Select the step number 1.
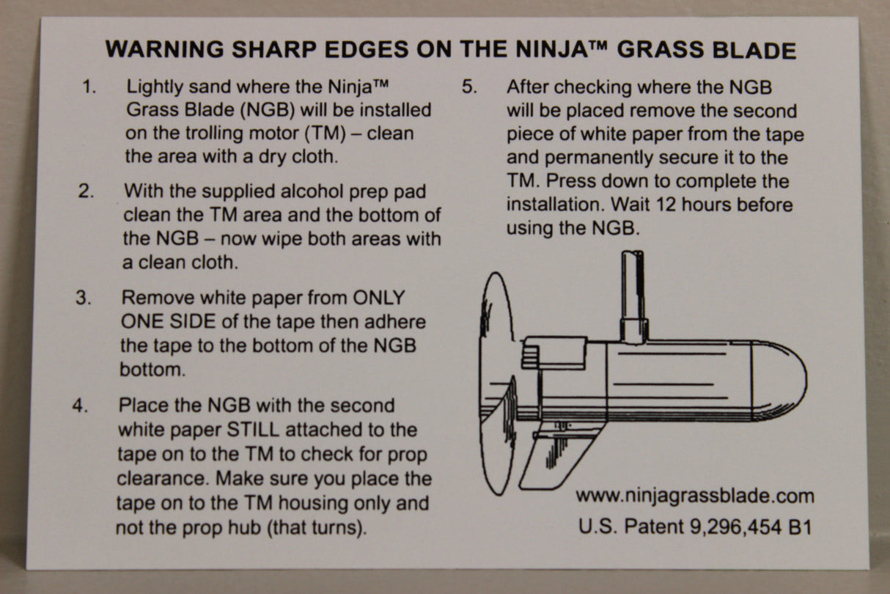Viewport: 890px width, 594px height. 89,87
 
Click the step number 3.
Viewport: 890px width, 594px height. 84,298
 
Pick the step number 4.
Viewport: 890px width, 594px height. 79,406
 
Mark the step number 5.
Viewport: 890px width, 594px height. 469,87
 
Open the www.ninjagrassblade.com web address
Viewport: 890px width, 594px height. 694,496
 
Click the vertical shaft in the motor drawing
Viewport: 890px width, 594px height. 632,293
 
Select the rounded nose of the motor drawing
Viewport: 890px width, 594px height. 781,381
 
